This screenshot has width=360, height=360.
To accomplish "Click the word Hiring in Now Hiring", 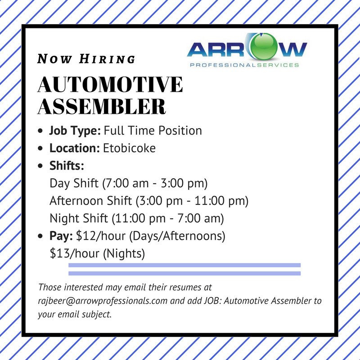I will [107, 59].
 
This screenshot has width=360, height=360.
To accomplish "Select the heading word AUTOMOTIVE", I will [111, 85].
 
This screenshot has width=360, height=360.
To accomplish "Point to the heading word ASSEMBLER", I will [102, 107].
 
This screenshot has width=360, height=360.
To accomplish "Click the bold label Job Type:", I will [75, 131].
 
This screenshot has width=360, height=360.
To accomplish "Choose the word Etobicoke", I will [130, 148].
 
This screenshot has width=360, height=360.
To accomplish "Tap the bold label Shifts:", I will [67, 165].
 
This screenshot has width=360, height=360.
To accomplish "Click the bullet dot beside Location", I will [41, 148].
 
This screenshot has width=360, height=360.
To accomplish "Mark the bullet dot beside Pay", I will [41, 236].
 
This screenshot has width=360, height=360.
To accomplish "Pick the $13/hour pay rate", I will [75, 253].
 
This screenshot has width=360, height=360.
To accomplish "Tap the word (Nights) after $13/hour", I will [124, 253].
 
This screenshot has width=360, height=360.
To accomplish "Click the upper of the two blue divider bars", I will [184, 265].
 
